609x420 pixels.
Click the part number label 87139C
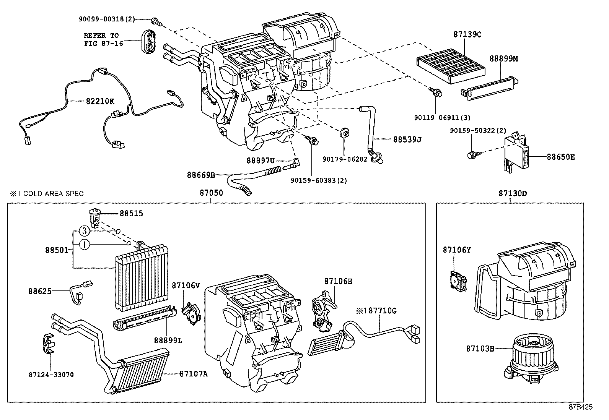click(467, 34)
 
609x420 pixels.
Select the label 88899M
click(504, 58)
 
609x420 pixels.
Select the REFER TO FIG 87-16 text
click(103, 39)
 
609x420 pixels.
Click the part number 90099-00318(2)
click(107, 19)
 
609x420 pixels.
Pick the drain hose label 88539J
click(407, 139)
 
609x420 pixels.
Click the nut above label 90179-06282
click(344, 133)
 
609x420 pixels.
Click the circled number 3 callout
click(85, 231)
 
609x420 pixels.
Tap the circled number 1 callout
click(85, 245)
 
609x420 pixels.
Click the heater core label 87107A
click(194, 374)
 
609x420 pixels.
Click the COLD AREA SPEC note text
click(47, 194)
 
